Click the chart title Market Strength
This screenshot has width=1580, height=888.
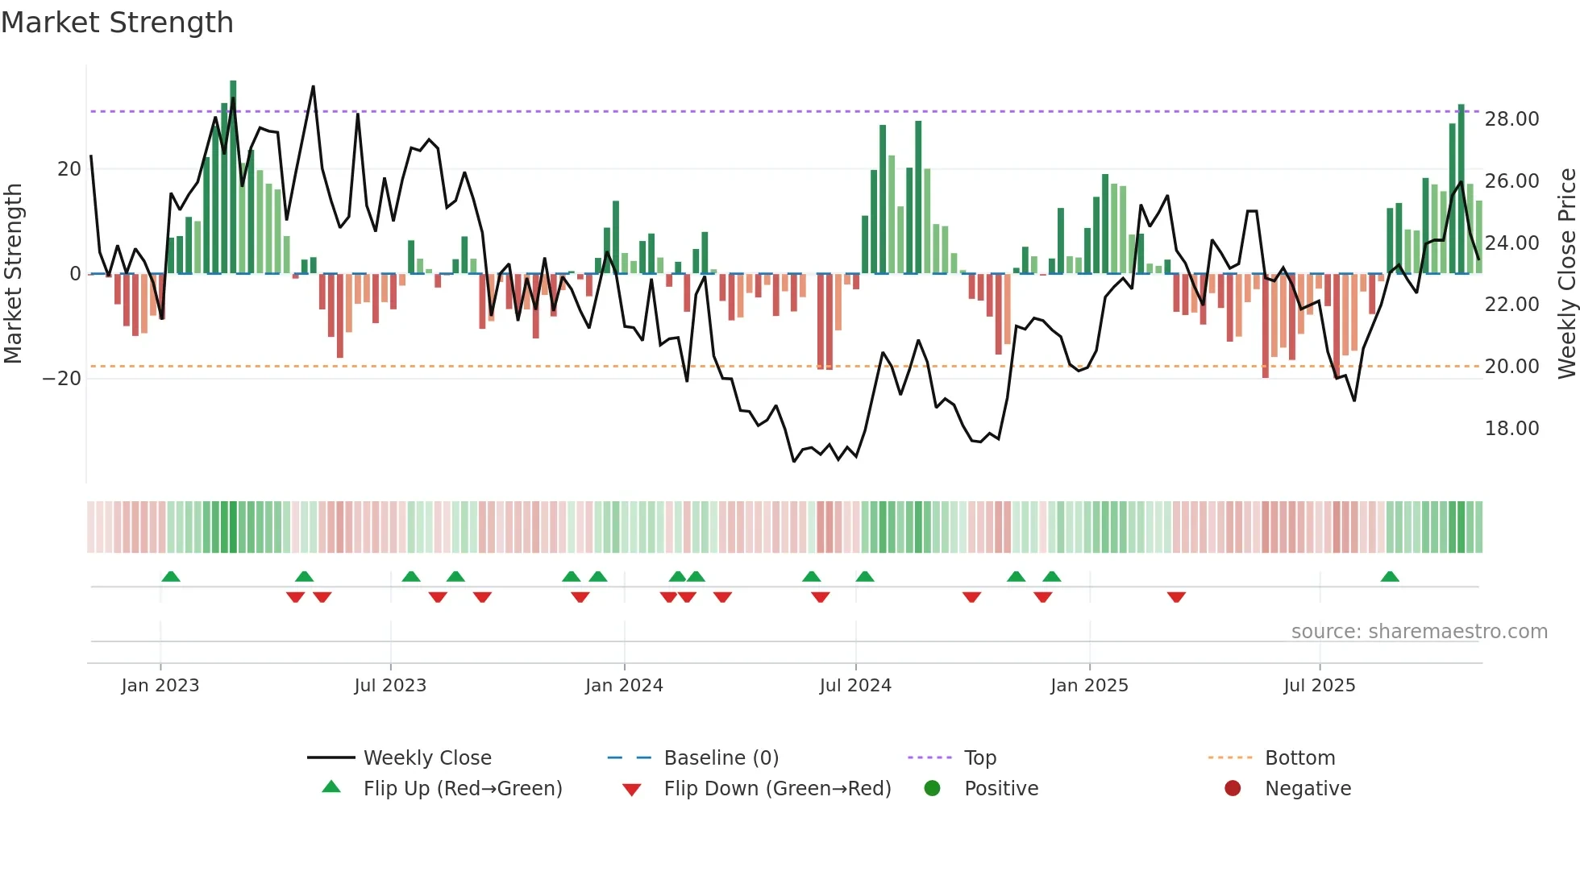pyautogui.click(x=117, y=23)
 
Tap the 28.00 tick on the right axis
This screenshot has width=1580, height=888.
pyautogui.click(x=1511, y=119)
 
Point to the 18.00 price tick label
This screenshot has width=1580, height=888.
pyautogui.click(x=1511, y=429)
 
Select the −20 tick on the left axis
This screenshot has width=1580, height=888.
pyautogui.click(x=62, y=379)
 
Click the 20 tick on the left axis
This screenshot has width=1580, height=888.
pyautogui.click(x=69, y=169)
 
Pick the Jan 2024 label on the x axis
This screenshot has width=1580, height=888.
pyautogui.click(x=624, y=686)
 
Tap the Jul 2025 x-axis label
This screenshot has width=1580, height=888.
pyautogui.click(x=1320, y=686)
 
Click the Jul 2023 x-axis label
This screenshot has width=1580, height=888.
pyautogui.click(x=390, y=686)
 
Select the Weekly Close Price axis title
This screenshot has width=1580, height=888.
pyautogui.click(x=1566, y=274)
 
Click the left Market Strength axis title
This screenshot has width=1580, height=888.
pyautogui.click(x=13, y=274)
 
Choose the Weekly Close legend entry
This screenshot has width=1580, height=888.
pyautogui.click(x=426, y=758)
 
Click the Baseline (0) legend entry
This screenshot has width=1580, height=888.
pyautogui.click(x=721, y=758)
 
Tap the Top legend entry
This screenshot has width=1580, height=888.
pyautogui.click(x=980, y=758)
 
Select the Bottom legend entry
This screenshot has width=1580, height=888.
pyautogui.click(x=1299, y=758)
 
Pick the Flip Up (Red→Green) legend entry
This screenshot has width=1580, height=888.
pyautogui.click(x=462, y=789)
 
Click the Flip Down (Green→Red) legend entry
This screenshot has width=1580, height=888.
pyautogui.click(x=777, y=789)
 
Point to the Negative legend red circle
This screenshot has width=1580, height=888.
pyautogui.click(x=1233, y=789)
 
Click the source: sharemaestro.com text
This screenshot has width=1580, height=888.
pyautogui.click(x=1419, y=632)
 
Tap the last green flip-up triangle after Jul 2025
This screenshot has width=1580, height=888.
pyautogui.click(x=1390, y=577)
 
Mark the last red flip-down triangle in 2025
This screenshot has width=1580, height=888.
pyautogui.click(x=1176, y=597)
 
